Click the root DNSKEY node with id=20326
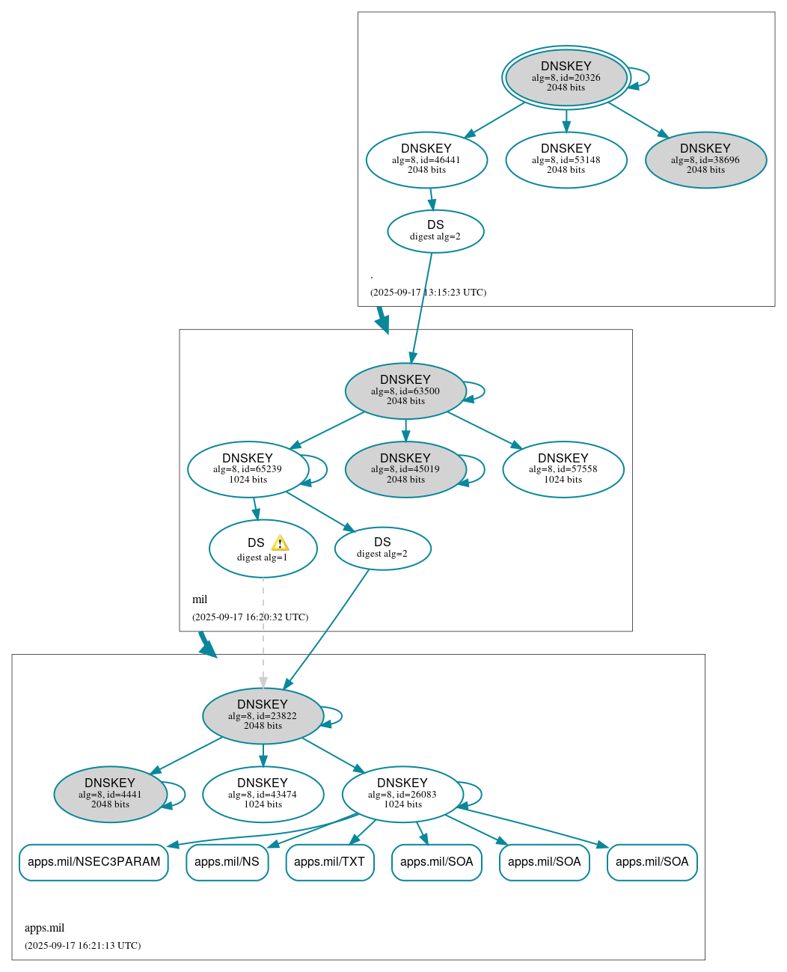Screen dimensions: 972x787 click(566, 77)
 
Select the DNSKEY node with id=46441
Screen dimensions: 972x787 click(426, 159)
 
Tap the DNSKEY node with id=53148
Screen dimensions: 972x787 click(566, 159)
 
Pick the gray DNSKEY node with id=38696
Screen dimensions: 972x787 click(705, 159)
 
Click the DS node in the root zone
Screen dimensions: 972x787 click(435, 230)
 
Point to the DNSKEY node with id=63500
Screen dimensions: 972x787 click(405, 391)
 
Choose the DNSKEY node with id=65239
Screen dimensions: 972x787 click(248, 469)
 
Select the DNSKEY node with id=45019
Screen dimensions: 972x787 click(405, 469)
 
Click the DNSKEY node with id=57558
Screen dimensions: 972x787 click(563, 469)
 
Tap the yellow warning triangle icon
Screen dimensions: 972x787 click(280, 543)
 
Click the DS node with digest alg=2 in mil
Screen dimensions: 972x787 click(382, 548)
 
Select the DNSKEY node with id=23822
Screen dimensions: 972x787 click(263, 715)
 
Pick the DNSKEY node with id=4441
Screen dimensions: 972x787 click(110, 794)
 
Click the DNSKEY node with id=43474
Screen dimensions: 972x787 click(263, 794)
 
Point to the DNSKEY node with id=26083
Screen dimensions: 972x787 click(402, 794)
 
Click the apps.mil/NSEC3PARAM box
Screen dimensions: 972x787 click(94, 862)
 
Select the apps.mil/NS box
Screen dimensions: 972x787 click(227, 862)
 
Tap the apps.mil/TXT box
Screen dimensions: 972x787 click(329, 862)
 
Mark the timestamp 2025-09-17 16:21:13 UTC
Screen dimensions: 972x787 click(82, 946)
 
